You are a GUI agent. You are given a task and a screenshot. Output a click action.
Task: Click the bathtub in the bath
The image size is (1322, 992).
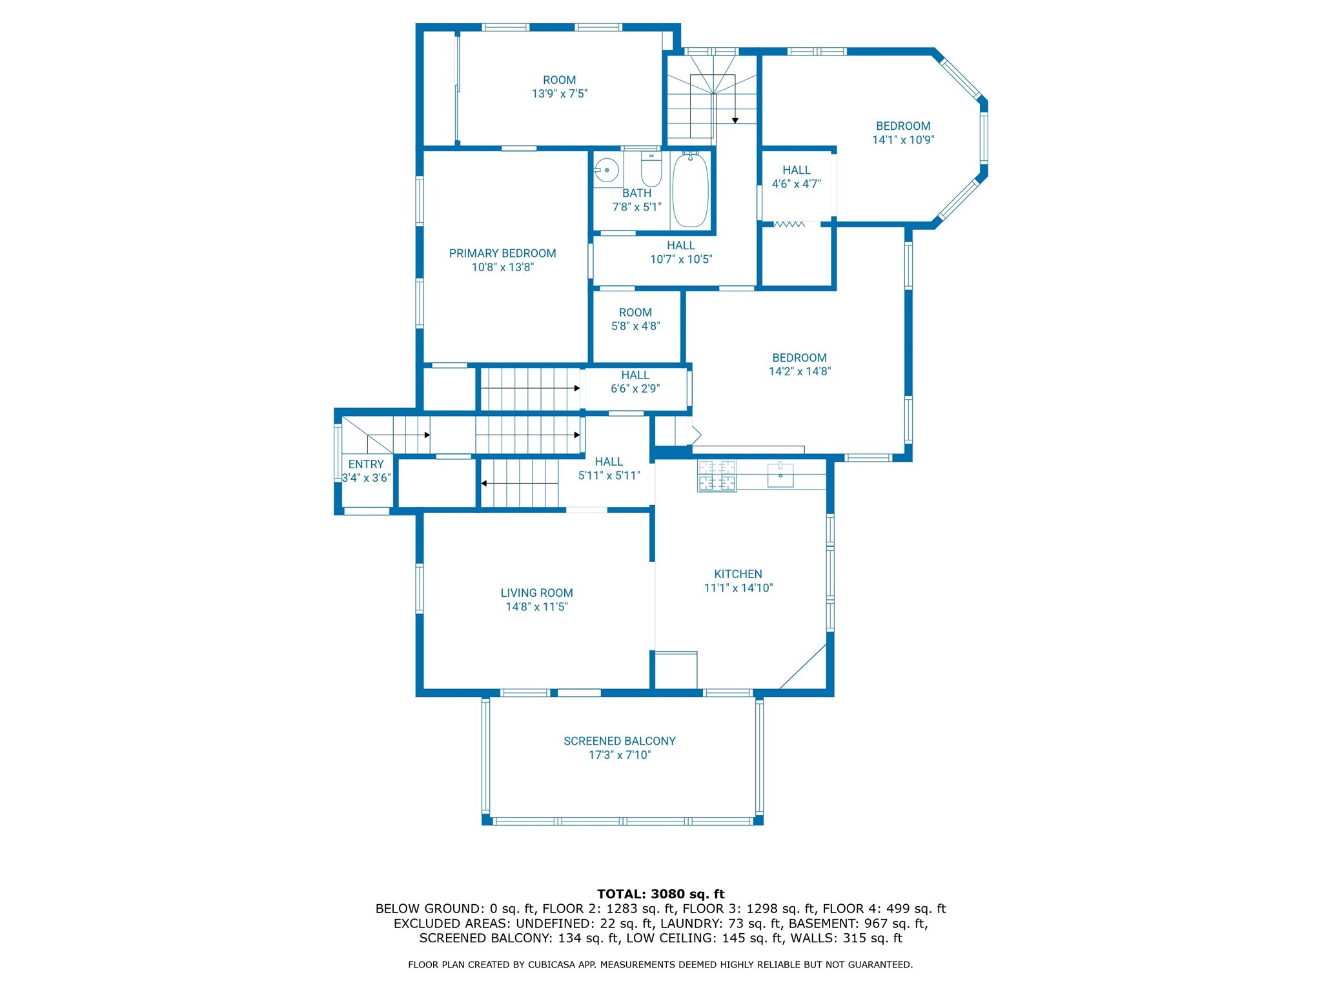point(690,190)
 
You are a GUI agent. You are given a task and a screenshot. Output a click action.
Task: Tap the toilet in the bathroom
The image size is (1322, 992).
point(651,169)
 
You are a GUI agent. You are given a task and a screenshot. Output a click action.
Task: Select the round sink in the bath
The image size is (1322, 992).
point(607,170)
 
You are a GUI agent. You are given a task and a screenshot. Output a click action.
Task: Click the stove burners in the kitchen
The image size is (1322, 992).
point(717,475)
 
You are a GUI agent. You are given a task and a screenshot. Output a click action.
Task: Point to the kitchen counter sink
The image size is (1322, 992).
point(780,475)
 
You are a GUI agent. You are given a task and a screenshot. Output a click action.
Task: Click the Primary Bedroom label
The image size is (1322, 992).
point(502,253)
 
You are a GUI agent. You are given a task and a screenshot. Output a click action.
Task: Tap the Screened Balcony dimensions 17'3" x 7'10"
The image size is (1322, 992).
point(620,755)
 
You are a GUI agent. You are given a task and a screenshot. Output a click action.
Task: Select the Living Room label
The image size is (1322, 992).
point(536,593)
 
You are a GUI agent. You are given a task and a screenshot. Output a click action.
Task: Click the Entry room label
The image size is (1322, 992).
point(366,464)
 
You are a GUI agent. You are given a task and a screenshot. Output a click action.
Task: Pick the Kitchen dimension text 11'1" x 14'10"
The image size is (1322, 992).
point(738,588)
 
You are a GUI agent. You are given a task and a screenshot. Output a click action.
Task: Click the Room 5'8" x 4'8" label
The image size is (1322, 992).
point(635,313)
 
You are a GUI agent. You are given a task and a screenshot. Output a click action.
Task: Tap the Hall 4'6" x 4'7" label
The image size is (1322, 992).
point(796,170)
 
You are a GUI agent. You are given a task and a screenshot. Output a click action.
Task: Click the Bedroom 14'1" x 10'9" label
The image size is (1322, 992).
point(902,127)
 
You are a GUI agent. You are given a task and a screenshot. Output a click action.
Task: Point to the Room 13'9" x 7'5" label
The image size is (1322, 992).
point(559,80)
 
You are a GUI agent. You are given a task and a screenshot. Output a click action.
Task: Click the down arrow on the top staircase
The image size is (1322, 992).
point(735,120)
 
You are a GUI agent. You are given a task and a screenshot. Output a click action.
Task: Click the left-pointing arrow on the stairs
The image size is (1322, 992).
point(484,483)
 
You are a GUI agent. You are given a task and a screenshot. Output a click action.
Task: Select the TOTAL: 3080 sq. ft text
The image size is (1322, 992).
point(660,894)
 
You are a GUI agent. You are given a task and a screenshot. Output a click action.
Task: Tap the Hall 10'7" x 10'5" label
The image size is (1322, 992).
point(680,245)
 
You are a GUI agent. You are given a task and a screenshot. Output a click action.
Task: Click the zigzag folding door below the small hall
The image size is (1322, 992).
point(789,224)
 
